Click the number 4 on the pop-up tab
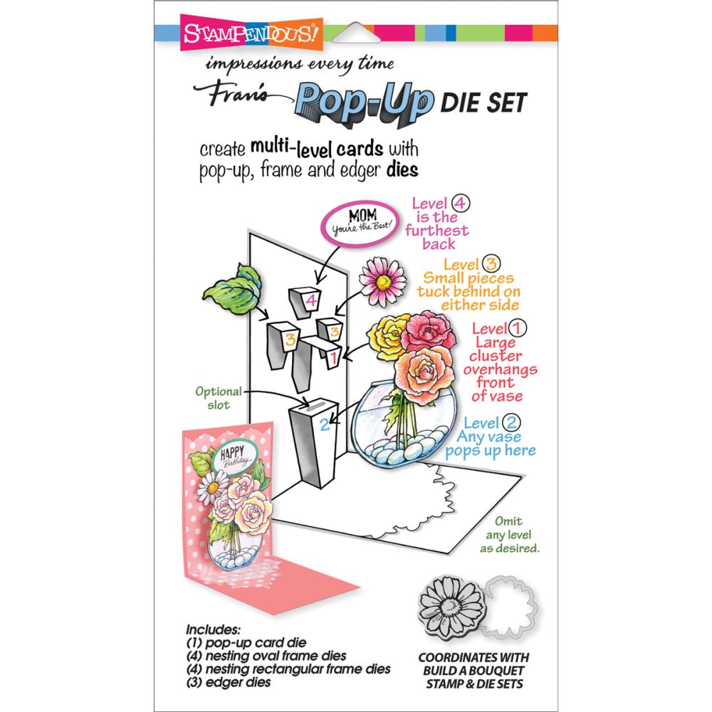coord(310,300)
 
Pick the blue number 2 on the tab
coord(324,426)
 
